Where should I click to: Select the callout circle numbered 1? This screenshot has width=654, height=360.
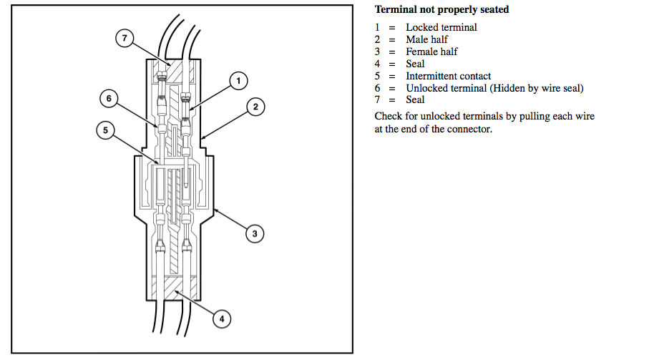239,81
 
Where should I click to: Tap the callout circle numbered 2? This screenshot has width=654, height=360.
255,107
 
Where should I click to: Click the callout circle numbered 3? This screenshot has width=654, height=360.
254,233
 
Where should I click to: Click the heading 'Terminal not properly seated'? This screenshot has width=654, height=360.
441,11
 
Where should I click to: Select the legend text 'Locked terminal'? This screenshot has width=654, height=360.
441,28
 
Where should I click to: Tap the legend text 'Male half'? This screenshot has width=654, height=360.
427,40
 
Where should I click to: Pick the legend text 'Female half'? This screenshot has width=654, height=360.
431,52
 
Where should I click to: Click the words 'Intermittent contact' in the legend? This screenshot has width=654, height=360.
449,76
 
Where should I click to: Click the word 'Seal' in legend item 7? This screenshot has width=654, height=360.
415,100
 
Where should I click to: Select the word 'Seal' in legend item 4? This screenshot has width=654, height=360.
415,64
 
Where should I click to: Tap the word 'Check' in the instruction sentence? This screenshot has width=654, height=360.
389,117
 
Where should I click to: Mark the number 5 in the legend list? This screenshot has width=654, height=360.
378,76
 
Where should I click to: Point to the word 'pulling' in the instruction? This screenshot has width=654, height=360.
534,117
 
